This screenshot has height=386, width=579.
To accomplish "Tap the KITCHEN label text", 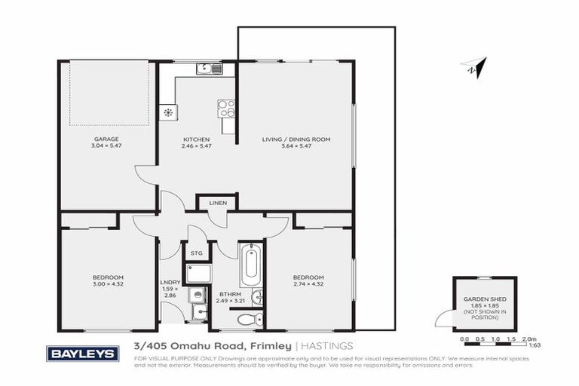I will point(196,139).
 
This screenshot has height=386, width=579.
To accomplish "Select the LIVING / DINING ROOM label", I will point(296,139).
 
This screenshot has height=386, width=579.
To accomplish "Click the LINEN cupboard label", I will point(218,204).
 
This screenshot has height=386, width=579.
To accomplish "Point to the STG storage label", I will point(196,253).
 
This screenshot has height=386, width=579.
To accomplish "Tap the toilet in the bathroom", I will point(245,320).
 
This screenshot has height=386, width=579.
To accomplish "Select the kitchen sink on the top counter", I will point(208,69).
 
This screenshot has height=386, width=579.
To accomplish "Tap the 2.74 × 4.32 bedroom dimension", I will point(308,284).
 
